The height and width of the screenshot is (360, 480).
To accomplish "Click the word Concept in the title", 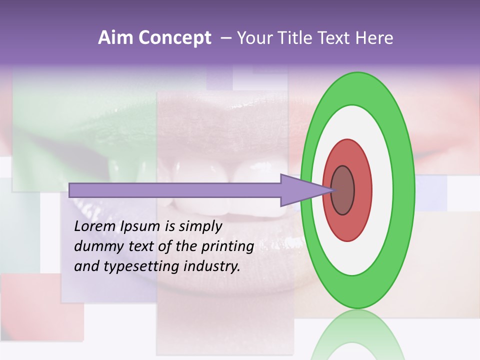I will click(174, 38).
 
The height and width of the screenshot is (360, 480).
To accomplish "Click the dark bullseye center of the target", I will click(342, 190).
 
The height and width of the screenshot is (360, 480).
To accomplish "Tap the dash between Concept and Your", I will click(226, 38).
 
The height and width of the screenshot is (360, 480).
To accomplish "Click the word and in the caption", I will click(86, 266).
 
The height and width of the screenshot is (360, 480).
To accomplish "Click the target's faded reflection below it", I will click(358, 335).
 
